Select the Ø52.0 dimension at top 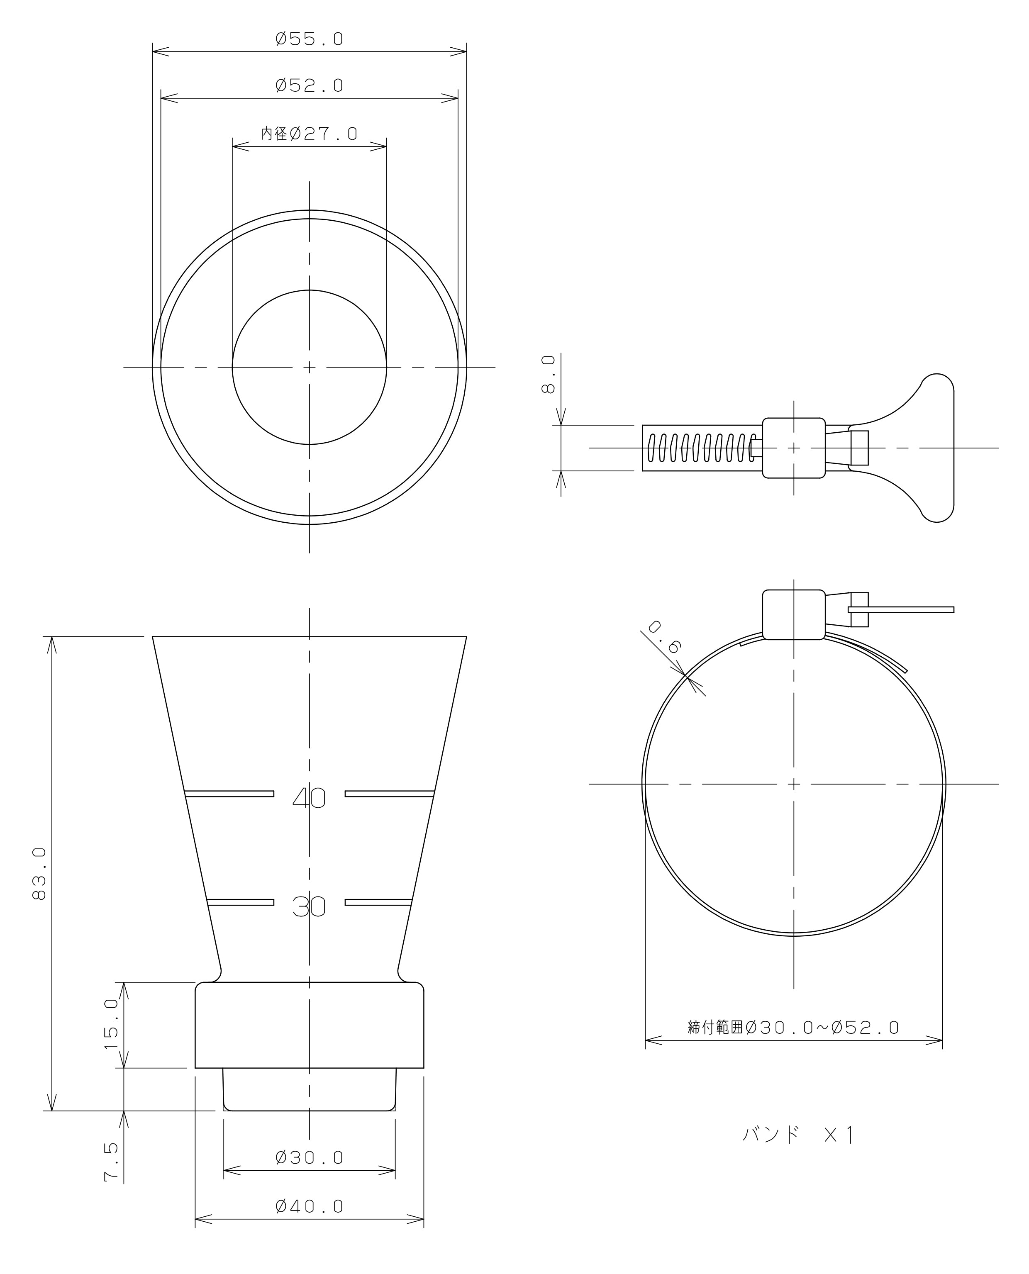pyautogui.click(x=310, y=86)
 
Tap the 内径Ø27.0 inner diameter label pyautogui.click(x=310, y=134)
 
